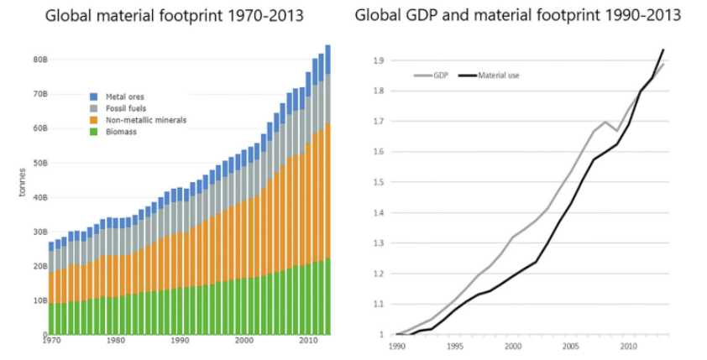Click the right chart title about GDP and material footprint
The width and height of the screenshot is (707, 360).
tap(517, 15)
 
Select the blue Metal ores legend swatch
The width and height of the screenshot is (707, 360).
tap(94, 96)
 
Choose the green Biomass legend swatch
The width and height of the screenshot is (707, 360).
tap(94, 132)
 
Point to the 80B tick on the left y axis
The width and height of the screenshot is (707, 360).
tap(39, 60)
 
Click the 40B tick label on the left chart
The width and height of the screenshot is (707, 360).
tap(39, 197)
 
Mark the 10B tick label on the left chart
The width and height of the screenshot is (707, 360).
tap(39, 300)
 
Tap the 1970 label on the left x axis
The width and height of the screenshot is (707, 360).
tap(53, 342)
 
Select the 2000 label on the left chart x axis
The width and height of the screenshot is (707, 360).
tap(244, 342)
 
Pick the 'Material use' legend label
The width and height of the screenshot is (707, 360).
tap(499, 76)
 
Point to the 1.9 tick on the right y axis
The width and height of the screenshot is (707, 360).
tap(380, 60)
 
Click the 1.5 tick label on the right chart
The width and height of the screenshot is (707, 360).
tap(380, 182)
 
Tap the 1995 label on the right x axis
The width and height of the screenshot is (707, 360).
tap(455, 345)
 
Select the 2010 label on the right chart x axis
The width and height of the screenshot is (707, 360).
tap(626, 345)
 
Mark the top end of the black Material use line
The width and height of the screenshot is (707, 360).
tap(663, 50)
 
